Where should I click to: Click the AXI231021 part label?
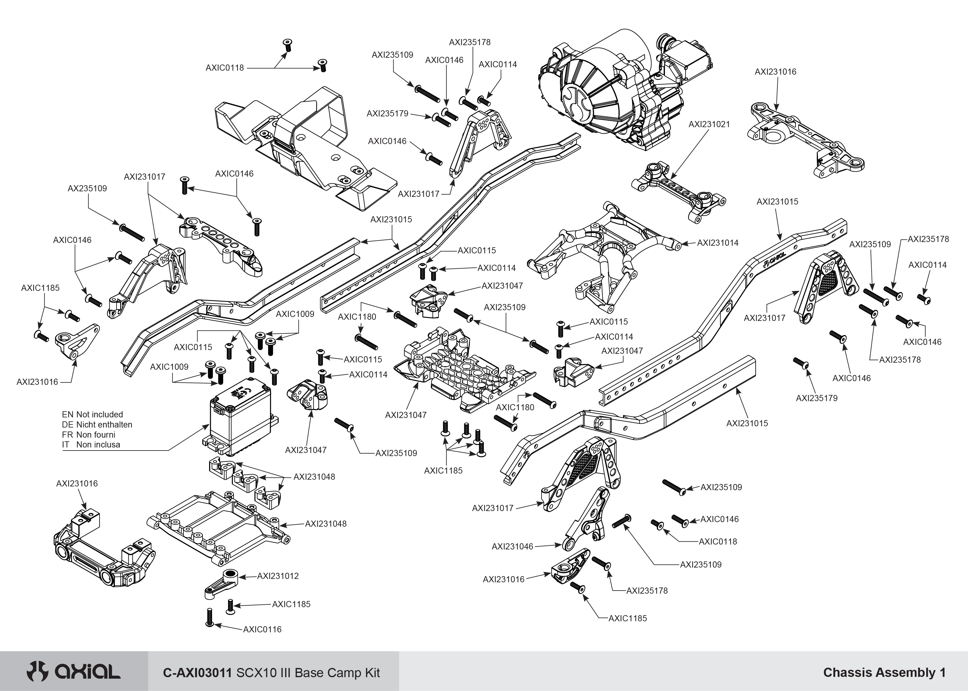coord(709,124)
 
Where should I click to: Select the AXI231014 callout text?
coord(718,243)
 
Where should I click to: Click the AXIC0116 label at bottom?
coord(262,629)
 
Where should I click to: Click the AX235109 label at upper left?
coord(87,189)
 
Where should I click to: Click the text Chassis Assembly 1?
coord(884,672)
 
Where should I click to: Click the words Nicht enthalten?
coord(104,425)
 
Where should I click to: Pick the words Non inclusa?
coord(98,445)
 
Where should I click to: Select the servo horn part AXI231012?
coord(221,582)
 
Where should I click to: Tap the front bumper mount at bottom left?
coord(104,549)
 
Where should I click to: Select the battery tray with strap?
coord(302,145)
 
